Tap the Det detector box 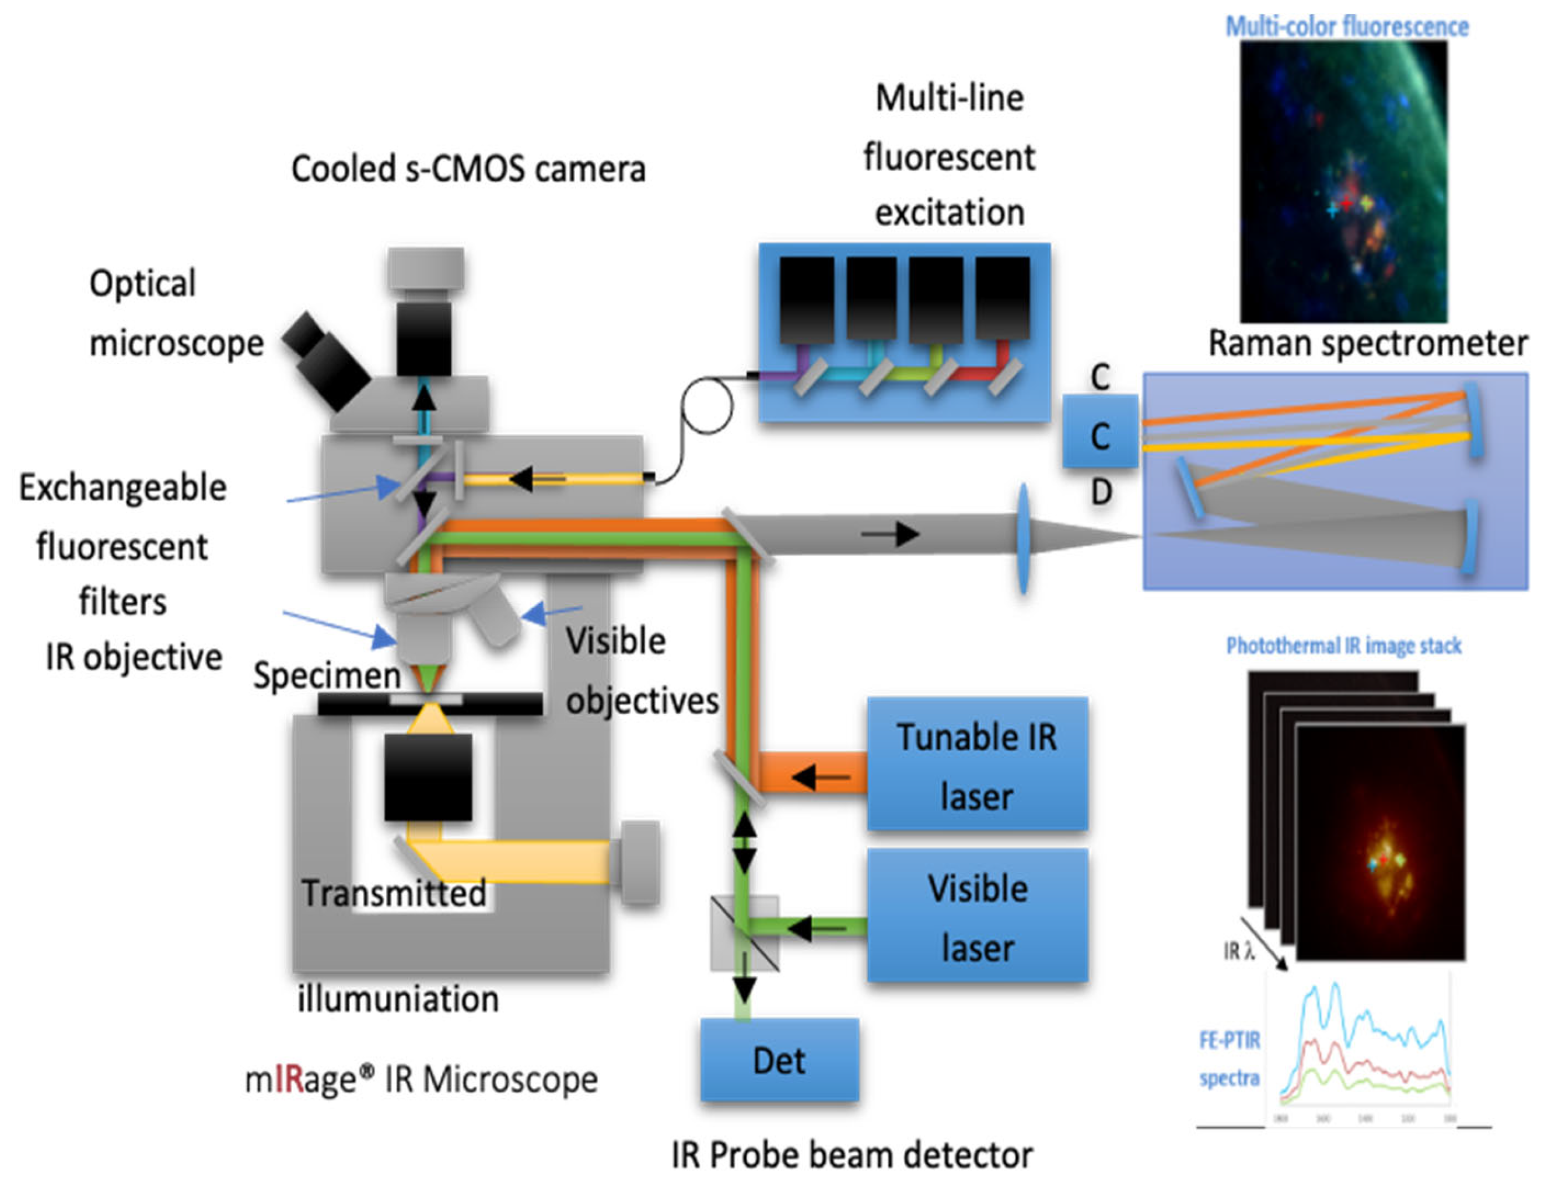pos(779,1060)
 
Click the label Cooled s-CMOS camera pos(468,169)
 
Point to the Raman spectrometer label pos(1367,344)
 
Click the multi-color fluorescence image pos(1343,181)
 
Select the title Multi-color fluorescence pos(1346,27)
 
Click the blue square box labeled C pos(1099,434)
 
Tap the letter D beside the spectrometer pos(1101,492)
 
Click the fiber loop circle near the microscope pos(706,405)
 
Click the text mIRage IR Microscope pos(421,1080)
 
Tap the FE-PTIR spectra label pos(1229,1059)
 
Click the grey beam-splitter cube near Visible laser pos(744,933)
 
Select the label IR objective pos(134,657)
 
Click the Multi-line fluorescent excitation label pos(949,155)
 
